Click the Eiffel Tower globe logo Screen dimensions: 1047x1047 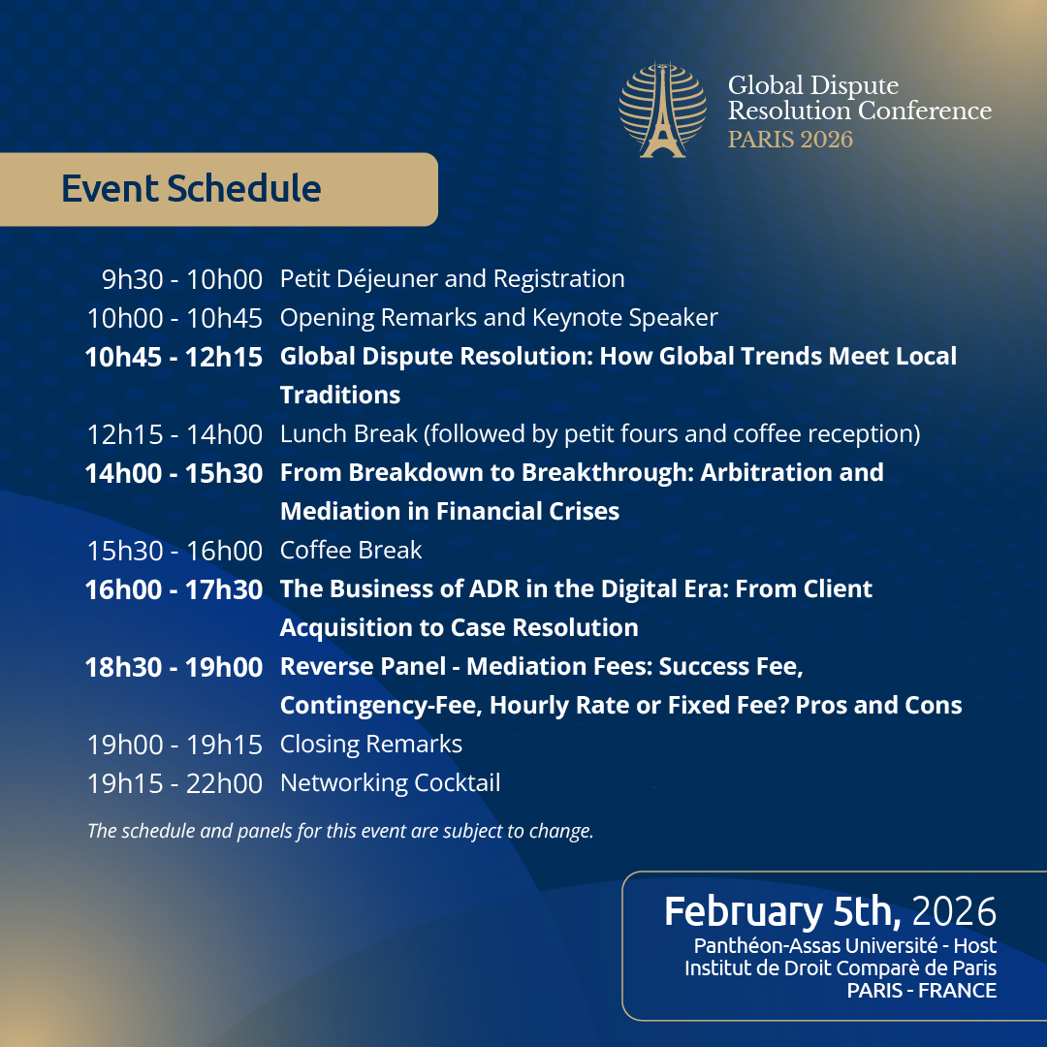pos(663,111)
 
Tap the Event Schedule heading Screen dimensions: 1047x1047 pos(191,188)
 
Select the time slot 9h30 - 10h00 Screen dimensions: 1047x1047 pos(182,279)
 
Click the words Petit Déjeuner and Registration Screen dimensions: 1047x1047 pos(452,279)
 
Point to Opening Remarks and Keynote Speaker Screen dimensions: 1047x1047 pos(498,318)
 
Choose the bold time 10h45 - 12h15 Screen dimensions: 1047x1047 pos(174,357)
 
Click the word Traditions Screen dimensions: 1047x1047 pos(339,396)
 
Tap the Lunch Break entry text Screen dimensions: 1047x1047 pos(599,434)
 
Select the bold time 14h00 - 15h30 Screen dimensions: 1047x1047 pos(174,473)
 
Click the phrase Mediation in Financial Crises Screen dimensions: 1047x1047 pos(449,512)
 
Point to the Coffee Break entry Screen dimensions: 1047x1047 pos(351,551)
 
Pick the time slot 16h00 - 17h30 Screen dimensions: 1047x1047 pos(174,589)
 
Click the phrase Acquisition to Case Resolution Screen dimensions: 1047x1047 pos(459,628)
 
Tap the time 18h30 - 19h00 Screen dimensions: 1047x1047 pos(174,667)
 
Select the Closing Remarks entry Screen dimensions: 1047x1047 pos(370,745)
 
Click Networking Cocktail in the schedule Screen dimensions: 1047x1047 pos(390,783)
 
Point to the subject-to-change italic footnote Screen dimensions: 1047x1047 pos(339,832)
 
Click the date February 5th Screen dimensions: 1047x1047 pos(783,912)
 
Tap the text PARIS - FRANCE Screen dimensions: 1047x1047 pos(921,991)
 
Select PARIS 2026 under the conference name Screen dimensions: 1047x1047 pos(790,140)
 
